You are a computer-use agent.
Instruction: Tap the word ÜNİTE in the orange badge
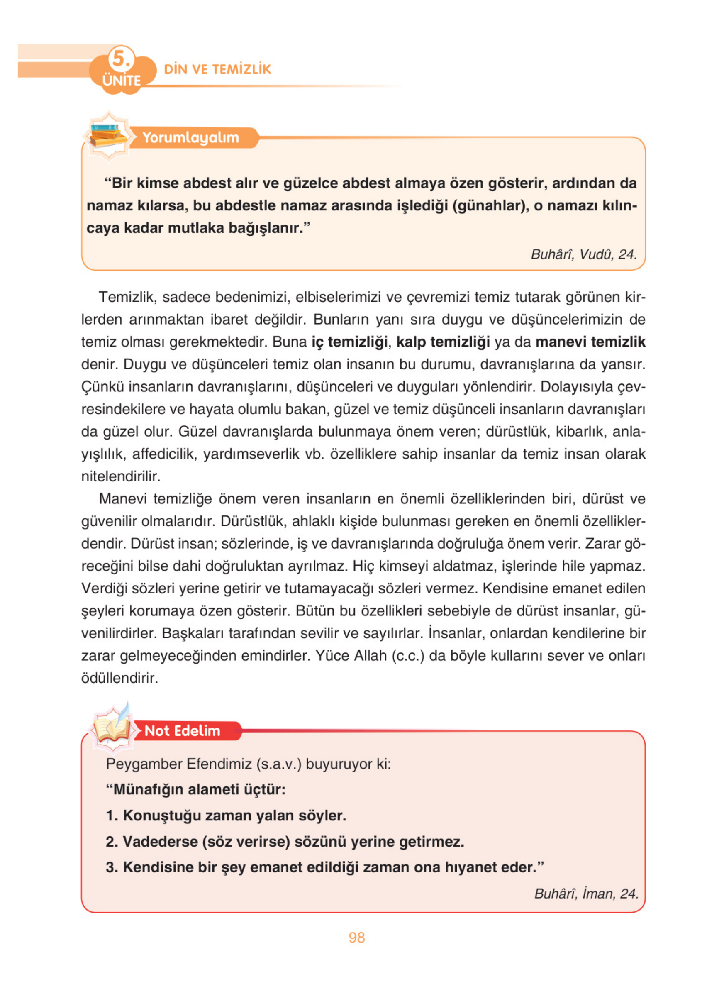point(121,81)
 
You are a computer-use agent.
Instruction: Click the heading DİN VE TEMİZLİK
point(217,69)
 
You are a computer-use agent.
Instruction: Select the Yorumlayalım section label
point(190,137)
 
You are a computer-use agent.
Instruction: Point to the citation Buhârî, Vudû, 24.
point(583,254)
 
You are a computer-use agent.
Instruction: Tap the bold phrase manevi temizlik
point(590,342)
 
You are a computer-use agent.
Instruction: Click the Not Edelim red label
point(182,730)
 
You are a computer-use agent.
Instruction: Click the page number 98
point(356,938)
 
